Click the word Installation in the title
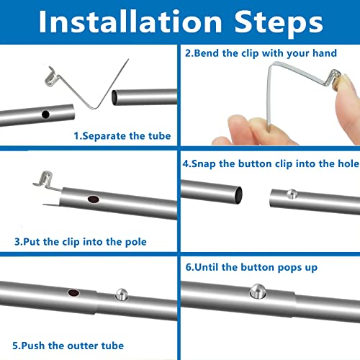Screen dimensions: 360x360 [x=130, y=22]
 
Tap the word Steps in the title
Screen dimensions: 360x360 [x=279, y=24]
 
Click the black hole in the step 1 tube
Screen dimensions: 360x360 [x=45, y=114]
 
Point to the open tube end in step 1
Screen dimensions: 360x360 [x=114, y=98]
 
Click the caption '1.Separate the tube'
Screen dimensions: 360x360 [x=122, y=136]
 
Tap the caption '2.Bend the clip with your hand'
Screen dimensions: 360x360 [x=261, y=53]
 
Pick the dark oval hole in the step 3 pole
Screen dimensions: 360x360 [x=94, y=199]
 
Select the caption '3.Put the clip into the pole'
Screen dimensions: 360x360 [x=81, y=242]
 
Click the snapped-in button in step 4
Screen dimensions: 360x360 [x=292, y=194]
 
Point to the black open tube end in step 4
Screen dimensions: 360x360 [x=239, y=195]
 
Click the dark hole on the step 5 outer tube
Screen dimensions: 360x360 [x=73, y=293]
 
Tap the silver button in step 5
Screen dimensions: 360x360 [x=122, y=294]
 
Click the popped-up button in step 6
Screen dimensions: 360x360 [x=258, y=291]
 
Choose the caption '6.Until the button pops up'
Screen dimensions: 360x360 [x=251, y=267]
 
